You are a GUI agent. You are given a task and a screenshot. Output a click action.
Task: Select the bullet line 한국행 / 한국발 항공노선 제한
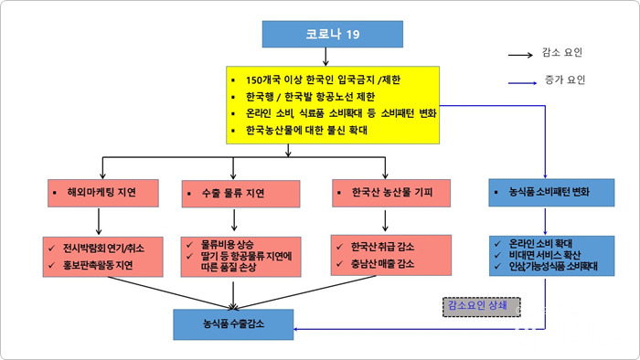311,97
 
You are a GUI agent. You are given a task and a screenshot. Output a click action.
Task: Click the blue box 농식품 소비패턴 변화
546,193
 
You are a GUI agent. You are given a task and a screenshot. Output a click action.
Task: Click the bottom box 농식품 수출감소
234,323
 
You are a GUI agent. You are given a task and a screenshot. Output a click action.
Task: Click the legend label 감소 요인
562,53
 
